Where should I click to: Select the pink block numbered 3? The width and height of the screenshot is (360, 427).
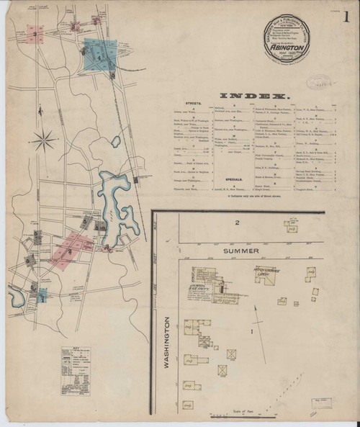pos(34,33)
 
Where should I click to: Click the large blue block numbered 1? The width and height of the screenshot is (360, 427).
pos(100,53)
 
